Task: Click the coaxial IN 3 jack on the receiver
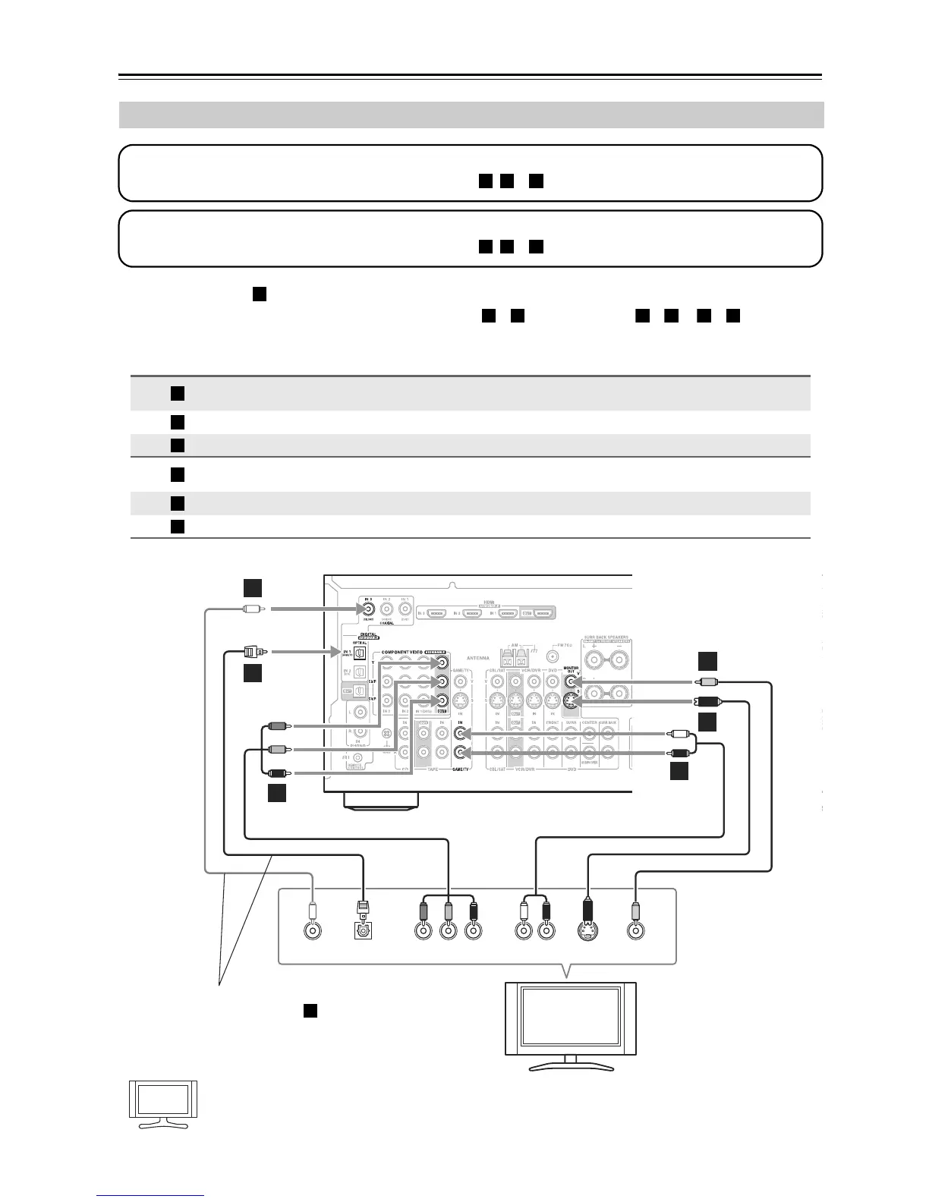click(x=368, y=607)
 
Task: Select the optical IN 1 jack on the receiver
click(x=361, y=652)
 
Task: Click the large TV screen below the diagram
click(x=571, y=1018)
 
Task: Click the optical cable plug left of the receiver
click(x=252, y=651)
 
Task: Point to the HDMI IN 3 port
click(x=436, y=612)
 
